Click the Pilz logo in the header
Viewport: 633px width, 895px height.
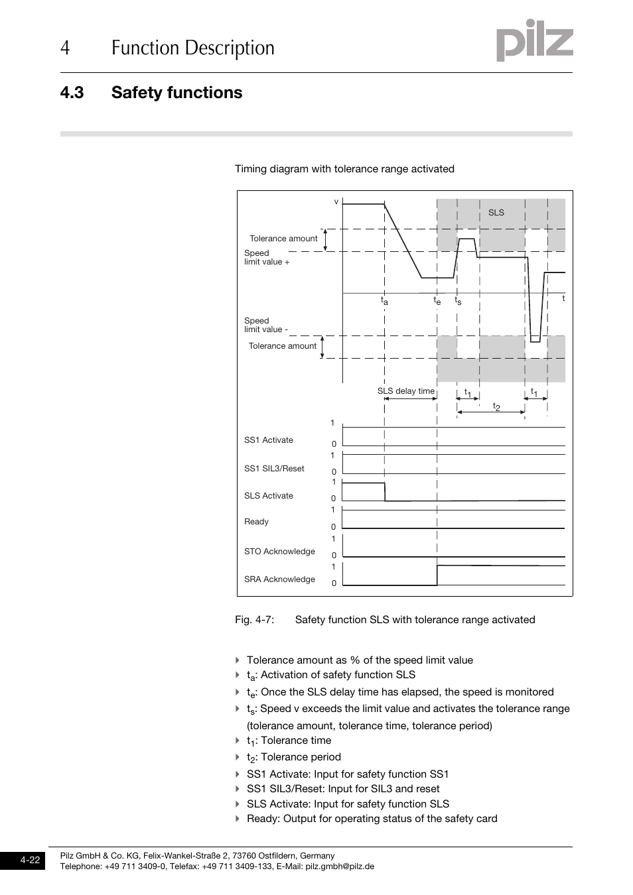click(x=534, y=42)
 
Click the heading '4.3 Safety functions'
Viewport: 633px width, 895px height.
click(x=151, y=92)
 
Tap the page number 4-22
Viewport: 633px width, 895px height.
click(x=30, y=861)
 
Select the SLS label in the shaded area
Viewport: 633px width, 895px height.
click(x=496, y=213)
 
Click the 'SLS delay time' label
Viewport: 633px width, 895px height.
click(x=405, y=391)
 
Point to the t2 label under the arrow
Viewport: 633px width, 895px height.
click(x=496, y=406)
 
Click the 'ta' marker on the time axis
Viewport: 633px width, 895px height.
click(x=384, y=301)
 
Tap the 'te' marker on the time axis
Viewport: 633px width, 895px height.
click(x=437, y=301)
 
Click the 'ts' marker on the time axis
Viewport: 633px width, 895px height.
click(x=458, y=301)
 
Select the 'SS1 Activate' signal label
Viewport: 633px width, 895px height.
click(x=268, y=440)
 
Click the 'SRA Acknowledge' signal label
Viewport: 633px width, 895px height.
click(x=279, y=579)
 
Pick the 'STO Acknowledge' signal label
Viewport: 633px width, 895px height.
click(x=279, y=552)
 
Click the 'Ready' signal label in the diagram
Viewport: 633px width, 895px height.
click(x=256, y=522)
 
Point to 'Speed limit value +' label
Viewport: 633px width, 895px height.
click(x=266, y=257)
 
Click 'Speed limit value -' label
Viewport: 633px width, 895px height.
click(x=265, y=325)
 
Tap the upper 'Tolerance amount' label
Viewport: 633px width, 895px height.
click(x=283, y=239)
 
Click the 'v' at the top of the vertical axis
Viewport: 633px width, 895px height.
click(x=336, y=202)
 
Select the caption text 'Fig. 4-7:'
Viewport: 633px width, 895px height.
click(x=254, y=620)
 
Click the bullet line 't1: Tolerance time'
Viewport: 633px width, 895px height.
click(x=289, y=741)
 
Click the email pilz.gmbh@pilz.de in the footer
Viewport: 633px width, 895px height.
click(x=340, y=866)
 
